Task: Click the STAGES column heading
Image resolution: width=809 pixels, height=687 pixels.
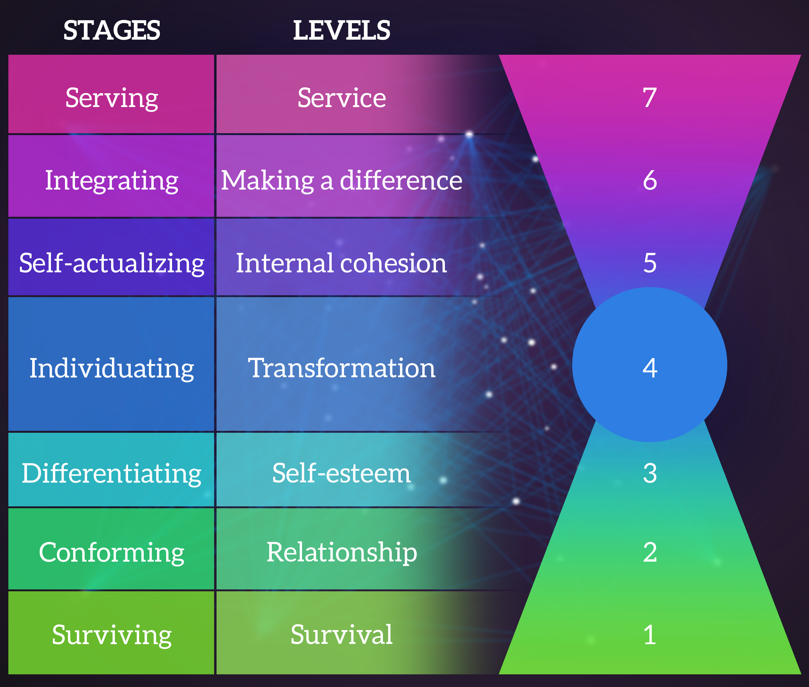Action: (112, 30)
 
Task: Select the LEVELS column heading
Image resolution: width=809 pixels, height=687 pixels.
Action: (342, 30)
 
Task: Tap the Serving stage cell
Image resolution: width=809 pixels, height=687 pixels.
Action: (111, 94)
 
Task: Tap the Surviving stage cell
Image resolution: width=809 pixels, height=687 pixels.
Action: (111, 633)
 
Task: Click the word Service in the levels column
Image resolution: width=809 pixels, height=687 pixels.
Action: (342, 98)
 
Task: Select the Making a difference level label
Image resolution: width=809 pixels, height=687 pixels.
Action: (342, 181)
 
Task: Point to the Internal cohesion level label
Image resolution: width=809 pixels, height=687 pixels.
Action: (342, 263)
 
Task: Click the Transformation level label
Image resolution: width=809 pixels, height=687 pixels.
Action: (342, 368)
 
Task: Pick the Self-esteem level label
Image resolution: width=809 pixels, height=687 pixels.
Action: (342, 473)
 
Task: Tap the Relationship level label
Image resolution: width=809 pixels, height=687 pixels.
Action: (342, 553)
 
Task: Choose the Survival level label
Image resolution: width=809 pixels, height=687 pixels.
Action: (342, 635)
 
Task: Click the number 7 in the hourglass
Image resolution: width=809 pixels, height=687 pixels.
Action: (650, 98)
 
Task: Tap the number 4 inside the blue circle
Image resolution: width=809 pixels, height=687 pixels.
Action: (650, 368)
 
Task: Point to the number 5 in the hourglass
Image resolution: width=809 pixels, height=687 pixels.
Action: (650, 263)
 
